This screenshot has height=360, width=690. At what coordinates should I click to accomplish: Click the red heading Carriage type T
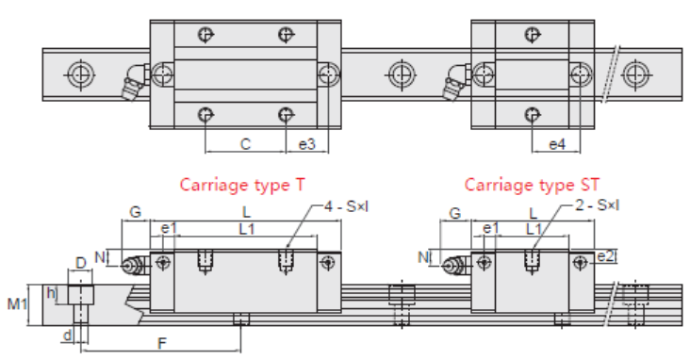click(x=242, y=185)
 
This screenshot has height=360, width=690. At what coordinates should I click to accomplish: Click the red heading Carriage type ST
click(x=532, y=185)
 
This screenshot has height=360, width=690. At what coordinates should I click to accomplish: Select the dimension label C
click(x=245, y=144)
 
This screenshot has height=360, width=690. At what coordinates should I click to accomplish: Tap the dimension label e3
click(x=306, y=144)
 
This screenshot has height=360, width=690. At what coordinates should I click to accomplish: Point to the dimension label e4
click(x=557, y=144)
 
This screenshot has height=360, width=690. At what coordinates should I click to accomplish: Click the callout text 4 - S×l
click(x=346, y=205)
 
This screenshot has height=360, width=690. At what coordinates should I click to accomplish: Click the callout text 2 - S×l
click(x=597, y=205)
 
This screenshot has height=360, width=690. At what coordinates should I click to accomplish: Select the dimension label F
click(x=162, y=342)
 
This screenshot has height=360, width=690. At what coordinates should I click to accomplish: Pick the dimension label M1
click(x=17, y=303)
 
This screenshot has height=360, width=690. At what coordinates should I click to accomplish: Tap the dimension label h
click(x=51, y=292)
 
